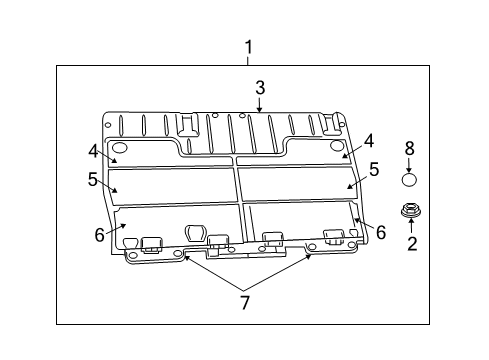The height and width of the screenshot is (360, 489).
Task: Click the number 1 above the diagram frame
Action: (x=249, y=47)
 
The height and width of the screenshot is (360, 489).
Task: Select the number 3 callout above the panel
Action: (x=259, y=87)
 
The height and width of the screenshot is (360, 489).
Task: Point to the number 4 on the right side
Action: (x=368, y=141)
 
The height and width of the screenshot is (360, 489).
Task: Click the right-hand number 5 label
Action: (x=374, y=170)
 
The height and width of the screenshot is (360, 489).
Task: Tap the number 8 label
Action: (x=408, y=148)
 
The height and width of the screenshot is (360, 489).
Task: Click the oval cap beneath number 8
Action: (x=408, y=180)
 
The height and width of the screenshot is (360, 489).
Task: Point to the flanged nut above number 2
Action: (x=409, y=210)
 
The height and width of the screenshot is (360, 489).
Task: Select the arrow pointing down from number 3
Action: (x=259, y=103)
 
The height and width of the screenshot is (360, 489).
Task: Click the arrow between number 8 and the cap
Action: (x=408, y=163)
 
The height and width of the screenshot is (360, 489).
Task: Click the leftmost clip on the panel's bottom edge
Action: (x=153, y=243)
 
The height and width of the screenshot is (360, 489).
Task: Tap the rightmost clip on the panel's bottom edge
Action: (x=335, y=237)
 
